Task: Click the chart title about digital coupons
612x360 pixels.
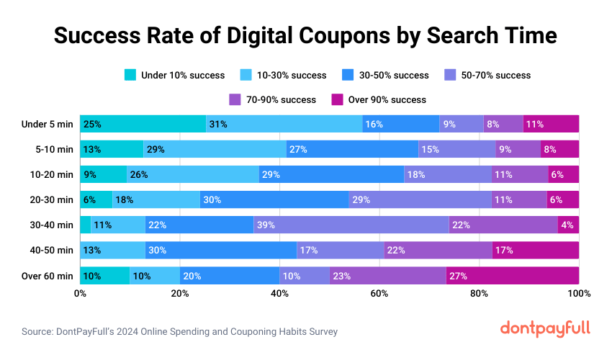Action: click(306, 35)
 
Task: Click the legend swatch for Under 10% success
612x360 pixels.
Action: click(130, 75)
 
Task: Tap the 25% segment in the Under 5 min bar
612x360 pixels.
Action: click(143, 124)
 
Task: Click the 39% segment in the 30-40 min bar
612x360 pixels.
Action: click(351, 225)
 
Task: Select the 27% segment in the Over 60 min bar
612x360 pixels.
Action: click(513, 275)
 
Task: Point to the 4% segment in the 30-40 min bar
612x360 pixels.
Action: click(568, 225)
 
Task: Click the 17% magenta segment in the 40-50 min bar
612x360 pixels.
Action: click(536, 250)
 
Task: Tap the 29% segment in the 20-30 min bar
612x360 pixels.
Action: click(420, 199)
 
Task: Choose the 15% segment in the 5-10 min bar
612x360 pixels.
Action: click(457, 149)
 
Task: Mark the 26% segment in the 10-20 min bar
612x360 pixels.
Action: click(192, 174)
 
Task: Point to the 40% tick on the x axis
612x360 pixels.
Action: click(279, 294)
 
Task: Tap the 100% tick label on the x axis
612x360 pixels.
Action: click(578, 294)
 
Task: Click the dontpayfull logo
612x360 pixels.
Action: click(545, 328)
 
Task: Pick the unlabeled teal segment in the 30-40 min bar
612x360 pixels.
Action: click(85, 225)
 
